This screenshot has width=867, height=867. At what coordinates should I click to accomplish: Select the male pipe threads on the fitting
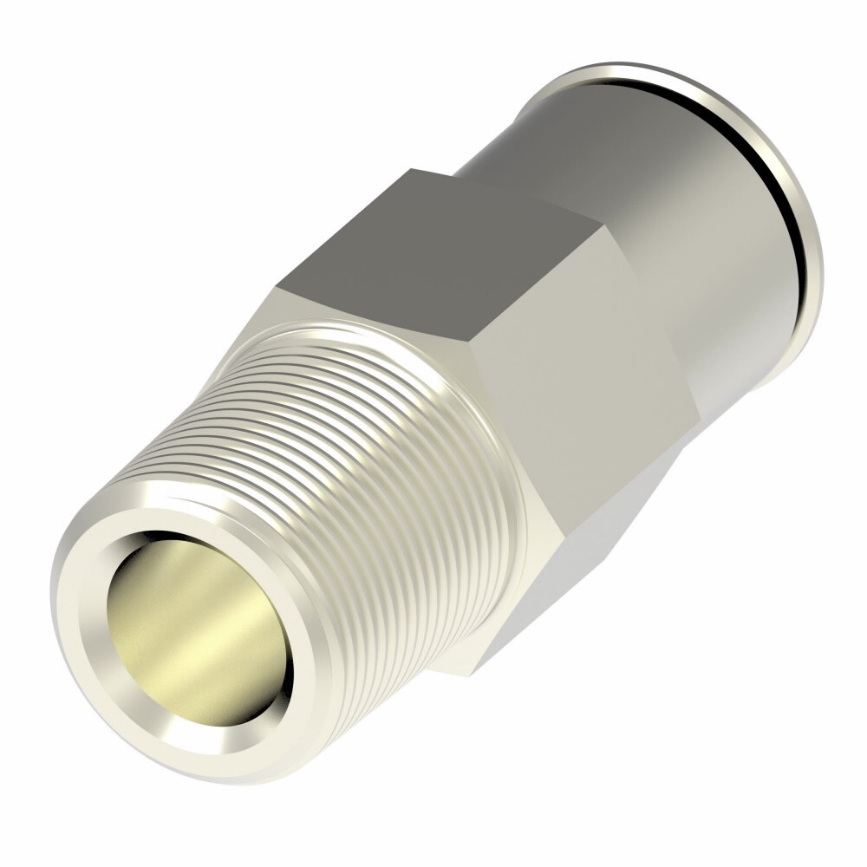coord(347,451)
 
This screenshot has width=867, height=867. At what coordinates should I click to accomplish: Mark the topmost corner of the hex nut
coord(411,169)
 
